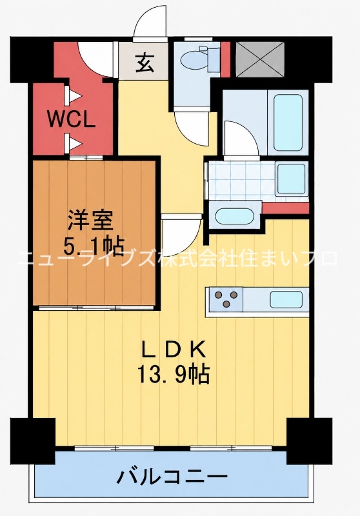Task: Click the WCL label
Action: (72, 120)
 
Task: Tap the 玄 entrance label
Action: (145, 63)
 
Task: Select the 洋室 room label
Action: (90, 221)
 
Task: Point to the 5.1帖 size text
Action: (94, 246)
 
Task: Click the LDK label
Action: (174, 350)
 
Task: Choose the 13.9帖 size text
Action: (174, 375)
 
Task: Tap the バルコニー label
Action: (172, 476)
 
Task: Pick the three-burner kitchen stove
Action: (226, 299)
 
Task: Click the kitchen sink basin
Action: (286, 299)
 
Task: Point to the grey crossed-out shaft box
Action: (260, 59)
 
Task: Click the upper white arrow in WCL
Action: (73, 96)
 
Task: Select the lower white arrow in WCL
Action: (73, 143)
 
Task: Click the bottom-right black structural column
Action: (310, 441)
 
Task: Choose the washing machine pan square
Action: (291, 179)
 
